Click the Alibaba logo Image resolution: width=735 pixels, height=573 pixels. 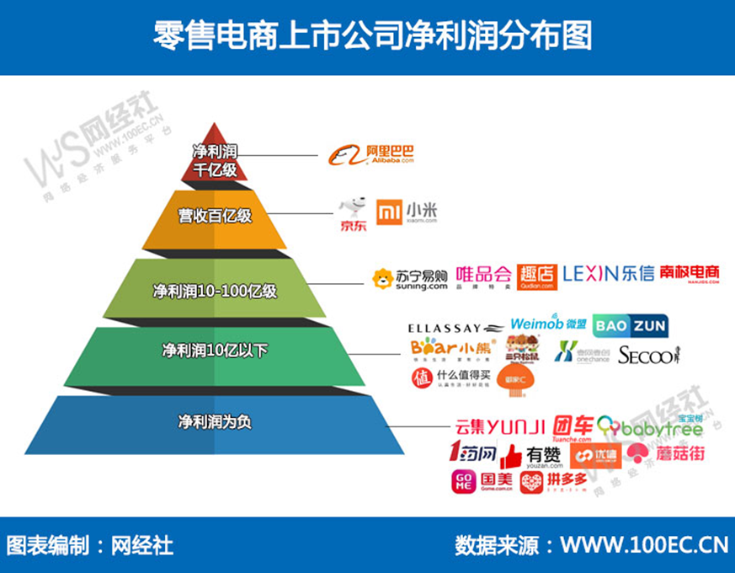click(370, 155)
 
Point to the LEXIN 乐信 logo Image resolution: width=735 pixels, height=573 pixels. click(608, 274)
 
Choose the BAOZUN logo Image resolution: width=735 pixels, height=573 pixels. click(629, 324)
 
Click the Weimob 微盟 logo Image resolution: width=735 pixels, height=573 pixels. click(548, 324)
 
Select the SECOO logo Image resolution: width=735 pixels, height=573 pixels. click(647, 356)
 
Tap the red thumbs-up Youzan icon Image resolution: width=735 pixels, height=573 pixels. click(510, 458)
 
